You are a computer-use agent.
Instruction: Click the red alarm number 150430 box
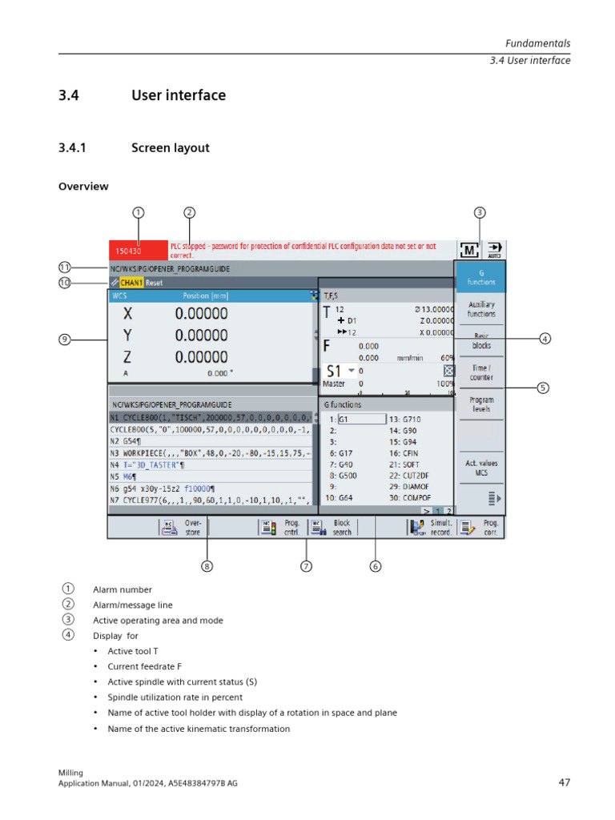coord(138,251)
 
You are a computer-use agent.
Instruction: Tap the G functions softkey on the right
coord(480,277)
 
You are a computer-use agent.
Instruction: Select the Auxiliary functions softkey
coord(480,309)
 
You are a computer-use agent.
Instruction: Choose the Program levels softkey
coord(480,404)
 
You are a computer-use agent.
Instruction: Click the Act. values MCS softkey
coord(480,468)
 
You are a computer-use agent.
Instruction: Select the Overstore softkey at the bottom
coord(183,527)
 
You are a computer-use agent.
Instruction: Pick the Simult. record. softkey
coord(432,527)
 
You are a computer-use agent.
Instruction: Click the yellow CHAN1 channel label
coord(132,283)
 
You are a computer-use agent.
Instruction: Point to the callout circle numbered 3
coord(479,212)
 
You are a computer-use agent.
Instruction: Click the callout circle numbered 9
coord(65,340)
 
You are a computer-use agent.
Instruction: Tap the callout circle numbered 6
coord(376,566)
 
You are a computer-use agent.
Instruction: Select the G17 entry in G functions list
coord(344,452)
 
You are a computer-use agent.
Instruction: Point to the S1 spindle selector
coord(340,372)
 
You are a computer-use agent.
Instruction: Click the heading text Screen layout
coord(170,147)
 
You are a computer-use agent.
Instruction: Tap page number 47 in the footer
coord(564,782)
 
